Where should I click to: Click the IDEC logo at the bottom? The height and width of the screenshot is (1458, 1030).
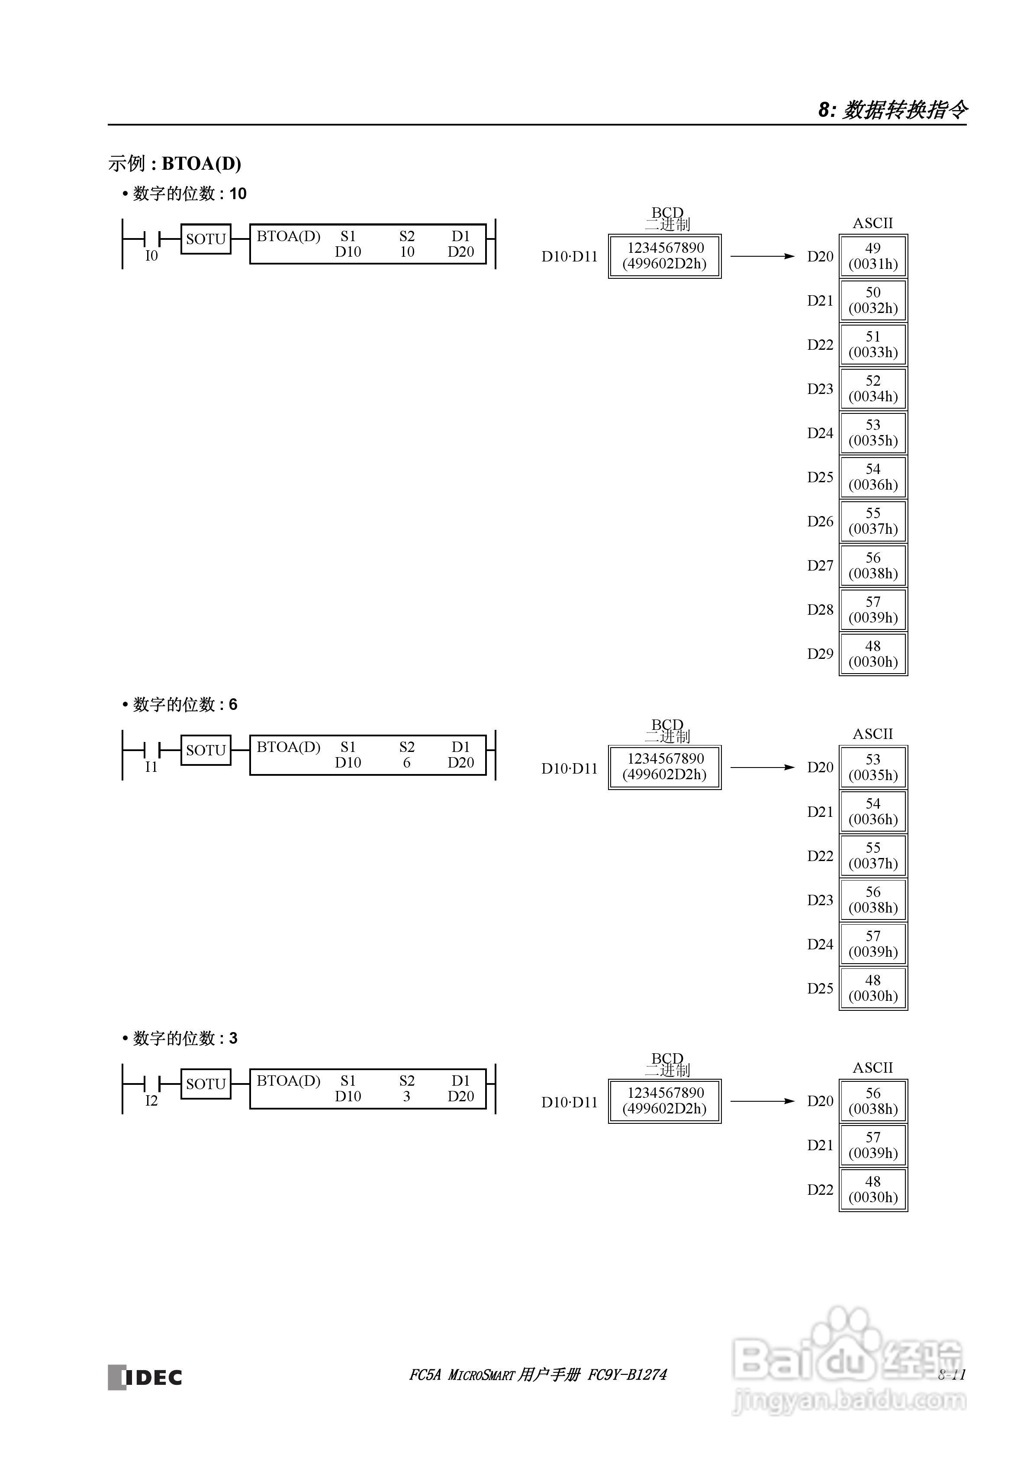coord(145,1376)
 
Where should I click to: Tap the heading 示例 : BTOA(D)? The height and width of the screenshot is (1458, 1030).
coord(175,163)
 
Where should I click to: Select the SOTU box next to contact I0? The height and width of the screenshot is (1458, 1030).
coord(206,239)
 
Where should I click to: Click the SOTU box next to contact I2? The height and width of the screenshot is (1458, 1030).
coord(206,1084)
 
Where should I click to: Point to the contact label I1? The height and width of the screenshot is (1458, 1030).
coord(151,767)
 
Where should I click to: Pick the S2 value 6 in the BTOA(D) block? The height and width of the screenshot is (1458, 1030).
coord(406,763)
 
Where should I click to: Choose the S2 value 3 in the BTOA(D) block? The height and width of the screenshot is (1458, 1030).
coord(406,1097)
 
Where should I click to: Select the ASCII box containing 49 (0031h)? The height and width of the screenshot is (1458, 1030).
coord(873,256)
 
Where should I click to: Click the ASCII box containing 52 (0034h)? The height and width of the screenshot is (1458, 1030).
coord(873,389)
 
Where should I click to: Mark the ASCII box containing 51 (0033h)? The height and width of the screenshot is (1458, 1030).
coord(873,344)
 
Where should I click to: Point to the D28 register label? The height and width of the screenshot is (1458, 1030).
coord(820,610)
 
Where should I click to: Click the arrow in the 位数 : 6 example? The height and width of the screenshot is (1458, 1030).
coord(762,768)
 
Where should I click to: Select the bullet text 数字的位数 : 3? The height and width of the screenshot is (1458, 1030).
coord(184,1038)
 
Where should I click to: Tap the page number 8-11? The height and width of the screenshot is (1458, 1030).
coord(951,1375)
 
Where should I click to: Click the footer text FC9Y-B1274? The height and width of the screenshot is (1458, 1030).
coord(628,1375)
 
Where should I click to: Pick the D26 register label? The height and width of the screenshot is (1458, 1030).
coord(820,521)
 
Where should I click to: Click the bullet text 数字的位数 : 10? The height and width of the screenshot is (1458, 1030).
coord(189,194)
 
